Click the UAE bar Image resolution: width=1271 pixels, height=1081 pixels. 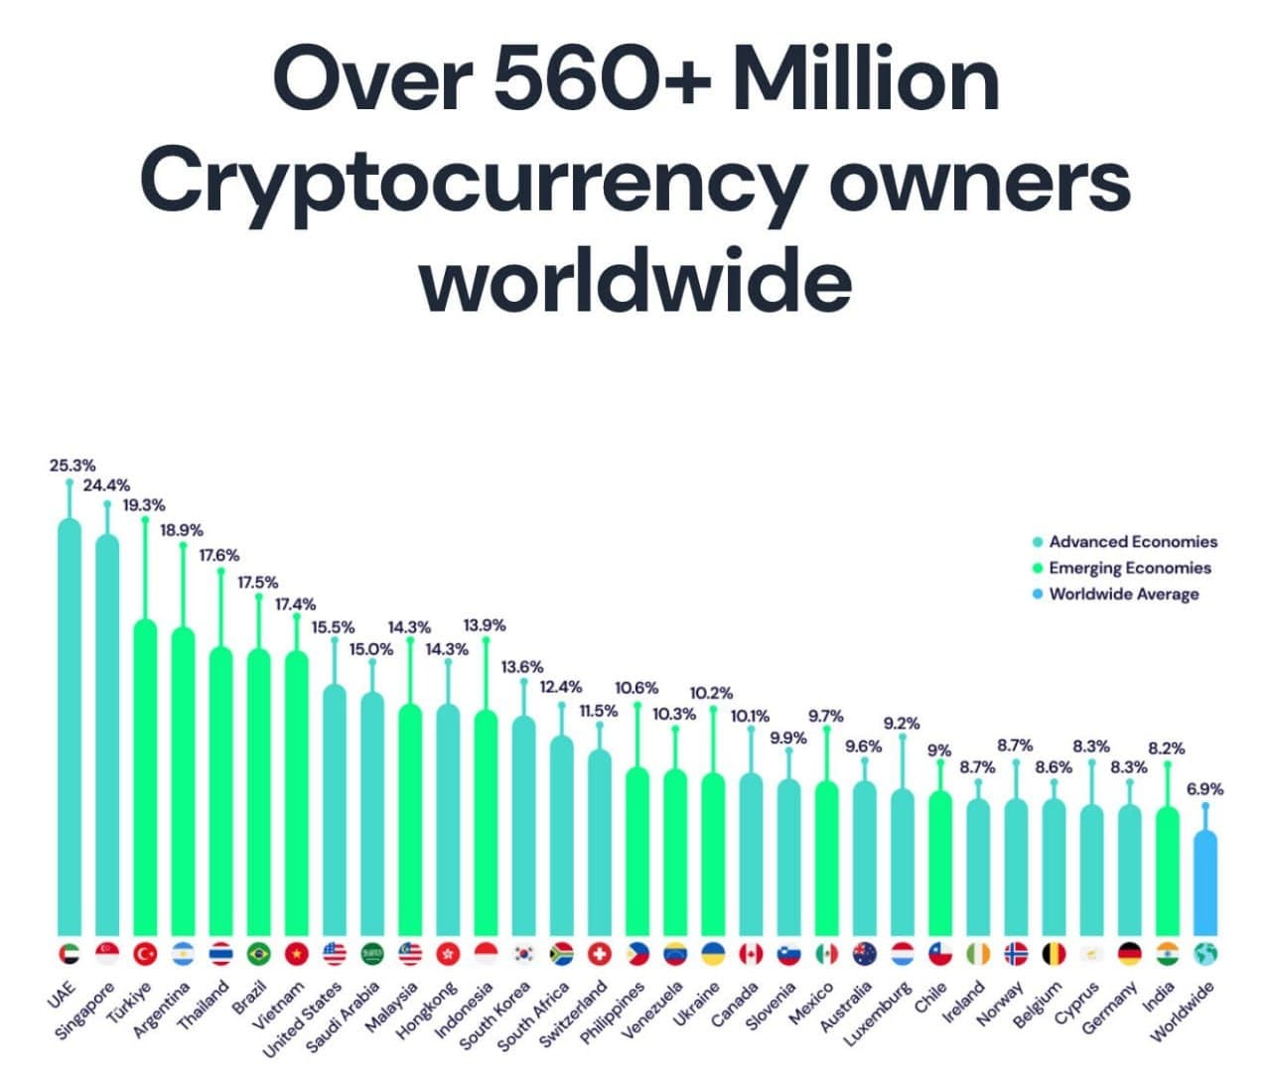70,725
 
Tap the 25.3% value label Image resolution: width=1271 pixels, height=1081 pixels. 72,465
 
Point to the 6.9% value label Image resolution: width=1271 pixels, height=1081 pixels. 1204,789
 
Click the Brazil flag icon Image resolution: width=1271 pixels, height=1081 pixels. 258,954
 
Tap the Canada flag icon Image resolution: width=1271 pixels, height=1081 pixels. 751,954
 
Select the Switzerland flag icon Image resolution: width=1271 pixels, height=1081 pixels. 599,954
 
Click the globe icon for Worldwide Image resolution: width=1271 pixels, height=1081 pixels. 1205,954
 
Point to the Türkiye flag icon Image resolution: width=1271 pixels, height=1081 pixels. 145,954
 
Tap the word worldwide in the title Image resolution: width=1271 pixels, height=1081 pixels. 635,280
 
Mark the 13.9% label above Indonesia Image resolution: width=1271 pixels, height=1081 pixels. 485,625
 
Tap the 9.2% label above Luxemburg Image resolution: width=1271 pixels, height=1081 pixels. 902,723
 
